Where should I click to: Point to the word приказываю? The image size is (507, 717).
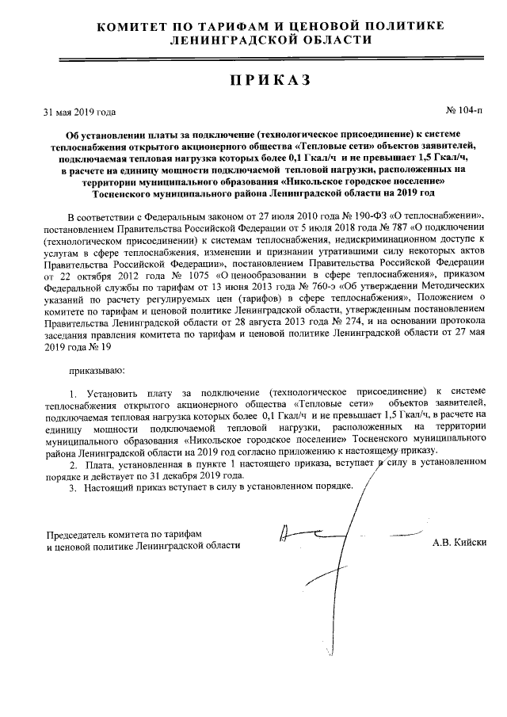[96, 370]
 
